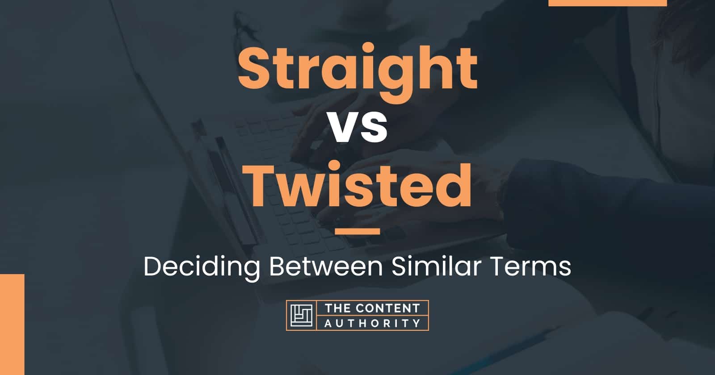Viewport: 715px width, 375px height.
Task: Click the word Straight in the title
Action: (x=357, y=71)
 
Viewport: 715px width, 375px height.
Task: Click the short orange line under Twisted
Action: (x=357, y=231)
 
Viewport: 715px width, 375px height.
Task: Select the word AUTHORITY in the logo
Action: (x=372, y=323)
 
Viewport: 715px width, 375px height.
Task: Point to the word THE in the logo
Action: (x=335, y=308)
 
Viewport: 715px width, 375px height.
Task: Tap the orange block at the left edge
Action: (x=12, y=324)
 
